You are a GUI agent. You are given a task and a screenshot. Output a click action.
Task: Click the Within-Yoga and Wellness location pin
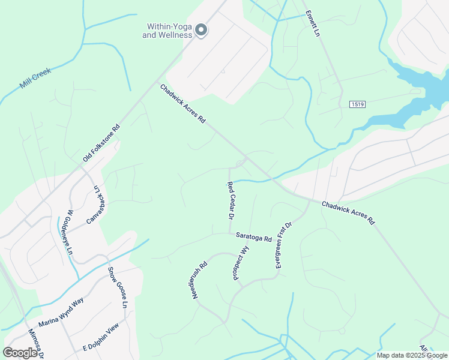pyautogui.click(x=202, y=29)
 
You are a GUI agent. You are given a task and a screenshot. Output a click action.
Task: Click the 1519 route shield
pyautogui.click(x=358, y=104)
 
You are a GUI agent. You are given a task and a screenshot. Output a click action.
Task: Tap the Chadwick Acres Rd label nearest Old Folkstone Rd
pyautogui.click(x=183, y=104)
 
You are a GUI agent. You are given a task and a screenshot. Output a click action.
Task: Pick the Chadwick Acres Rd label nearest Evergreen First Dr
pyautogui.click(x=348, y=212)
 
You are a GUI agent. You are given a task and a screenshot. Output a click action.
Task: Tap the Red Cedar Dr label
pyautogui.click(x=229, y=200)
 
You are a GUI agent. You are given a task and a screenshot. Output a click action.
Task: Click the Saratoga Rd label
pyautogui.click(x=254, y=238)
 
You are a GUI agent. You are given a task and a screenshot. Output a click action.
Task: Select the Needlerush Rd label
pyautogui.click(x=199, y=280)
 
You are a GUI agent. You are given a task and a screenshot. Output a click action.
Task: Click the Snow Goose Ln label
pyautogui.click(x=118, y=288)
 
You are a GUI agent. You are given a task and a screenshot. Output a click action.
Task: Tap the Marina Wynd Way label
pyautogui.click(x=61, y=311)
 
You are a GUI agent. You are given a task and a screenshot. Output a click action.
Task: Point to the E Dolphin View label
pyautogui.click(x=101, y=339)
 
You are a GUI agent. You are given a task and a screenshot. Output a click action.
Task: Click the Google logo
pyautogui.click(x=20, y=353)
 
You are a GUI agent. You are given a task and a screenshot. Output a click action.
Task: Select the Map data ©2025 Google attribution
pyautogui.click(x=412, y=355)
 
